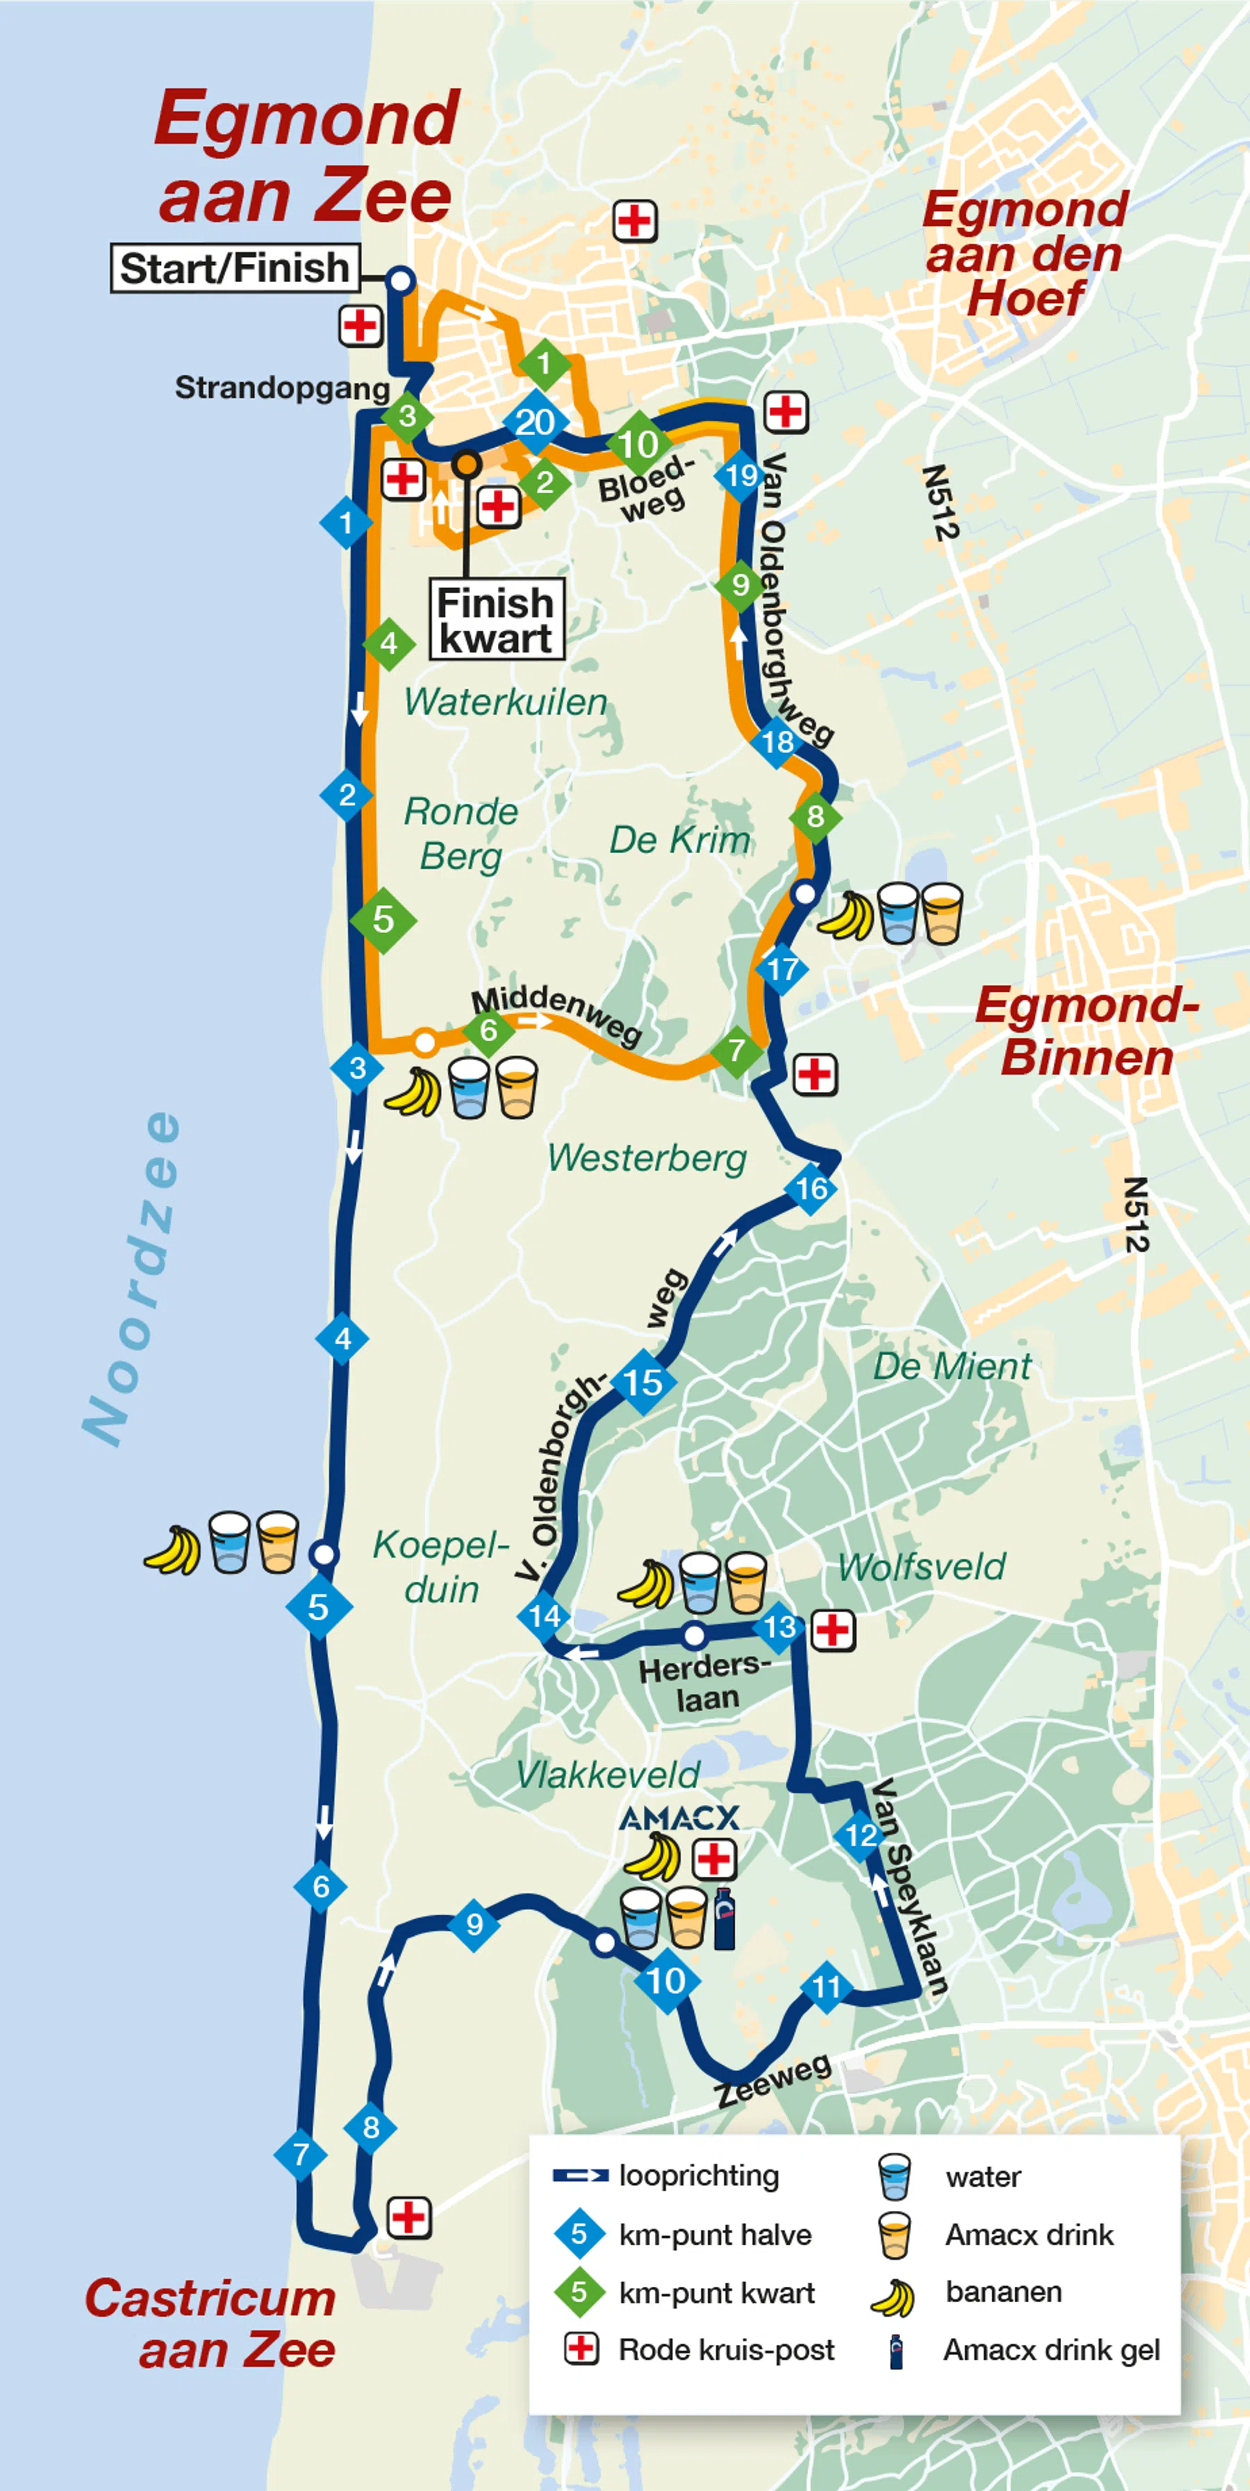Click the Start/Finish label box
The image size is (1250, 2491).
(234, 268)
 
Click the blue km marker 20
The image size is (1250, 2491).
(535, 422)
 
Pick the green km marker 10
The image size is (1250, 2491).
(639, 444)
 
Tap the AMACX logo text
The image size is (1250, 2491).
(678, 1818)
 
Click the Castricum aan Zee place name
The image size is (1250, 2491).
(210, 2324)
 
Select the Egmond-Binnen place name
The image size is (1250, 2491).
(1087, 1031)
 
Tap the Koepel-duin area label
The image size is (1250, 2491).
(441, 1566)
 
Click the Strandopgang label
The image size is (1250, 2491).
(281, 388)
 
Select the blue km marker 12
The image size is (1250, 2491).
(860, 1835)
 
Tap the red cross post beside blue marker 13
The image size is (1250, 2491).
(833, 1631)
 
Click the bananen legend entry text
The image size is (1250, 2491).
(1003, 2291)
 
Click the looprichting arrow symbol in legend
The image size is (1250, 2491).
(580, 2176)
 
